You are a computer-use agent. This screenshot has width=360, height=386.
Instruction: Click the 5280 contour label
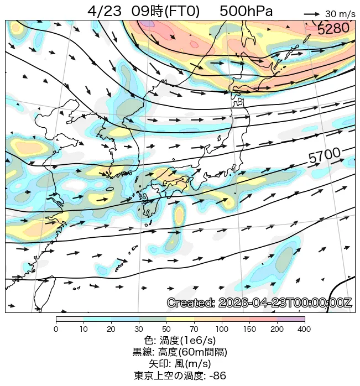333,28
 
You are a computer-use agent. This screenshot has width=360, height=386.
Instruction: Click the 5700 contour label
324,158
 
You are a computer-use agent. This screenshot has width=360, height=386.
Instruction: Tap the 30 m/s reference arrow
312,14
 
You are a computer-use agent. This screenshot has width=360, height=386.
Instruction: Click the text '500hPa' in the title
246,12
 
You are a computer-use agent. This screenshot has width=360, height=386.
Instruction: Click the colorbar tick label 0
56,330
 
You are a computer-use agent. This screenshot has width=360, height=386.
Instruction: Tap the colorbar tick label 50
166,330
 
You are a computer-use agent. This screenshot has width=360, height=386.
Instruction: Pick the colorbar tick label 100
222,330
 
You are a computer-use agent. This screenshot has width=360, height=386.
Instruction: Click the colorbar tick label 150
249,330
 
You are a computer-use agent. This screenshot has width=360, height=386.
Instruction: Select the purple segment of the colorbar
291,320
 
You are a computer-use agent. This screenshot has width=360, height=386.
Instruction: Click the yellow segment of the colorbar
180,320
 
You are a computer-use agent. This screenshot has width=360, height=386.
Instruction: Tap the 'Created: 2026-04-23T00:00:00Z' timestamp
259,303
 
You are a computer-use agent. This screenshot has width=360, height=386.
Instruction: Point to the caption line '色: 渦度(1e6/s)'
180,341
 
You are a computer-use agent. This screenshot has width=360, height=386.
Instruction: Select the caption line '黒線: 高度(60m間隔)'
180,352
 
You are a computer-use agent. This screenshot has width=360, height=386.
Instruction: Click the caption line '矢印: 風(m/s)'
180,364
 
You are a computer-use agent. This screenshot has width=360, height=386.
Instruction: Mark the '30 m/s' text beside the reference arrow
340,14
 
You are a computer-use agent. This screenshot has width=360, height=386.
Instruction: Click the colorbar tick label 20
111,330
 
